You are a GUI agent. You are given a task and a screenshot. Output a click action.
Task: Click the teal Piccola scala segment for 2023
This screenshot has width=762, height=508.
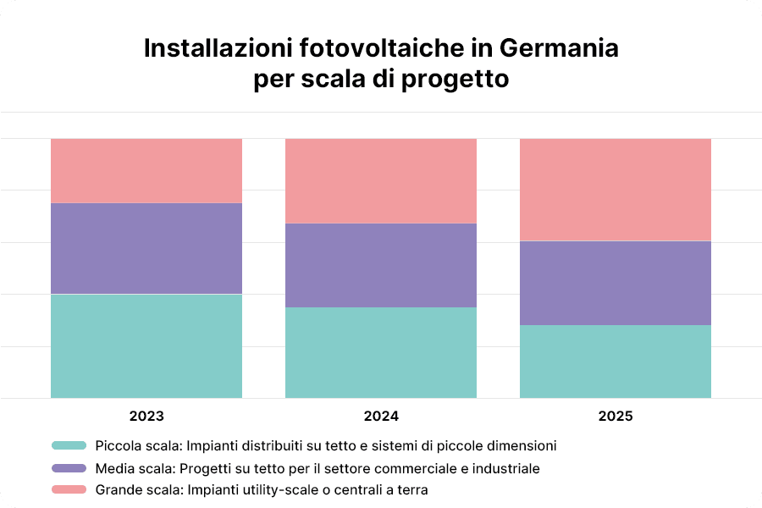point(146,345)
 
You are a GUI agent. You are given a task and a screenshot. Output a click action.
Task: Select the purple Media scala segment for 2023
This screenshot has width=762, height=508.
point(146,248)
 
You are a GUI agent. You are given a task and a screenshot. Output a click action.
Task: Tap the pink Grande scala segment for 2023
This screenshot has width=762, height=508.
point(146,170)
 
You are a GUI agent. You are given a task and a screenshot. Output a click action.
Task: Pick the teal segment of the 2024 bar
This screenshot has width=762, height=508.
point(381,352)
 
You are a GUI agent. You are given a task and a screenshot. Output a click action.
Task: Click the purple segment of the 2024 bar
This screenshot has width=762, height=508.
point(381,265)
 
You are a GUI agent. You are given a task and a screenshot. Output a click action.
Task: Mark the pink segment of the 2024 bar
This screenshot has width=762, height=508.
point(381,180)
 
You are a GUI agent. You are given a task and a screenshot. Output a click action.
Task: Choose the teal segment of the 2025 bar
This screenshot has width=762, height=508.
point(616,362)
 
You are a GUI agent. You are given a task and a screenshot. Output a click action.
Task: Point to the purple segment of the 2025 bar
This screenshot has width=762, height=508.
point(616,283)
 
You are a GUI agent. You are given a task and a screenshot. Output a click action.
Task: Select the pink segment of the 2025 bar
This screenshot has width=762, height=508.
point(616,190)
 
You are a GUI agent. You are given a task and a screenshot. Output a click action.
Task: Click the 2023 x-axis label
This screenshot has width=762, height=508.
point(146,417)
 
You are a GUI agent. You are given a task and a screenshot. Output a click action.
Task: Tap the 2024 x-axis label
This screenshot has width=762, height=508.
point(381,417)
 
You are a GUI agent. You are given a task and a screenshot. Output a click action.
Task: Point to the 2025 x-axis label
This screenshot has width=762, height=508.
point(616,417)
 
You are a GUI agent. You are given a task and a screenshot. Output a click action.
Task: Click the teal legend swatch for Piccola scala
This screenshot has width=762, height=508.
point(69,445)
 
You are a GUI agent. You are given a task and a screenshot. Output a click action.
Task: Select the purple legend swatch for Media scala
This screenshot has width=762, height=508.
point(69,468)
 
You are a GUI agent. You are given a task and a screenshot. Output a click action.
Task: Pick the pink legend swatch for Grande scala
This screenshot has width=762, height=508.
point(69,490)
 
